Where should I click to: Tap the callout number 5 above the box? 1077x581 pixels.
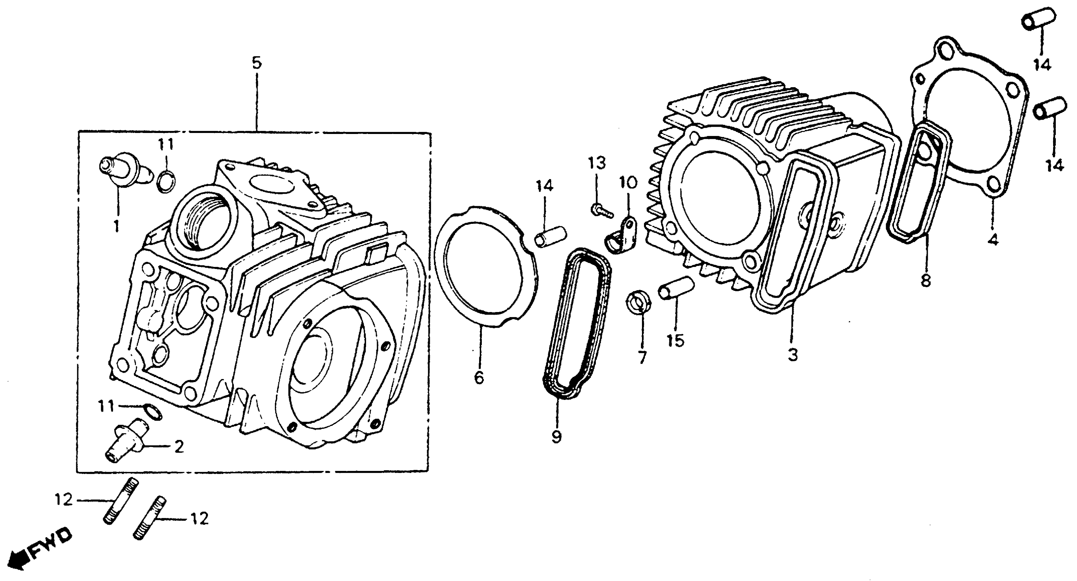pyautogui.click(x=256, y=63)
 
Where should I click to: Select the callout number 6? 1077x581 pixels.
pyautogui.click(x=479, y=378)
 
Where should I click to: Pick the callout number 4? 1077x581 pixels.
pyautogui.click(x=993, y=240)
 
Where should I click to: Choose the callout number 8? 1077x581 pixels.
pyautogui.click(x=926, y=280)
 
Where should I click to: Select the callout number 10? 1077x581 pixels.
pyautogui.click(x=628, y=182)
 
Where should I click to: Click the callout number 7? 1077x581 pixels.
pyautogui.click(x=642, y=357)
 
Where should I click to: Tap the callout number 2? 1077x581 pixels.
pyautogui.click(x=179, y=447)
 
